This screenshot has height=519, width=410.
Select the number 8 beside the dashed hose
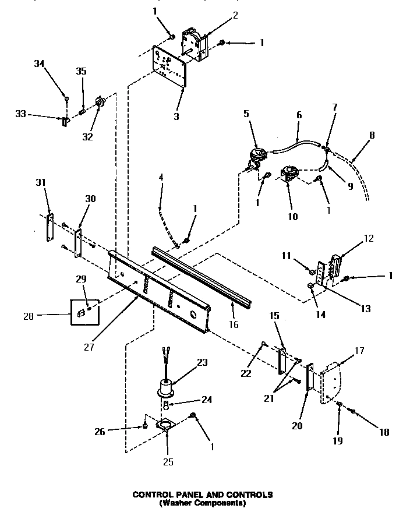(x=372, y=135)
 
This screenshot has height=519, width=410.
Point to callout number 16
(x=234, y=324)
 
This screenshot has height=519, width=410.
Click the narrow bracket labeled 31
(x=50, y=228)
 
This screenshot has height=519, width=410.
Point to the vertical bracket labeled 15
(x=282, y=361)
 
